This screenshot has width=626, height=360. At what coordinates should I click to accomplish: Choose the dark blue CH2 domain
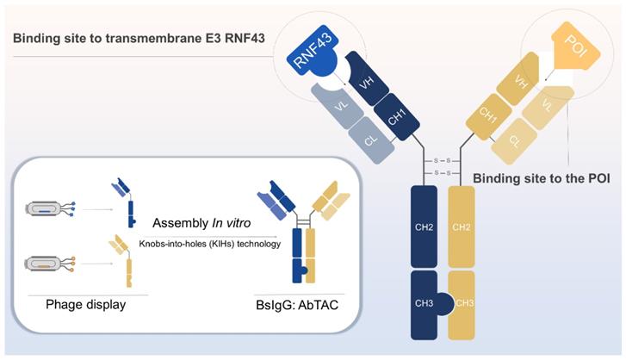point(425,228)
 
